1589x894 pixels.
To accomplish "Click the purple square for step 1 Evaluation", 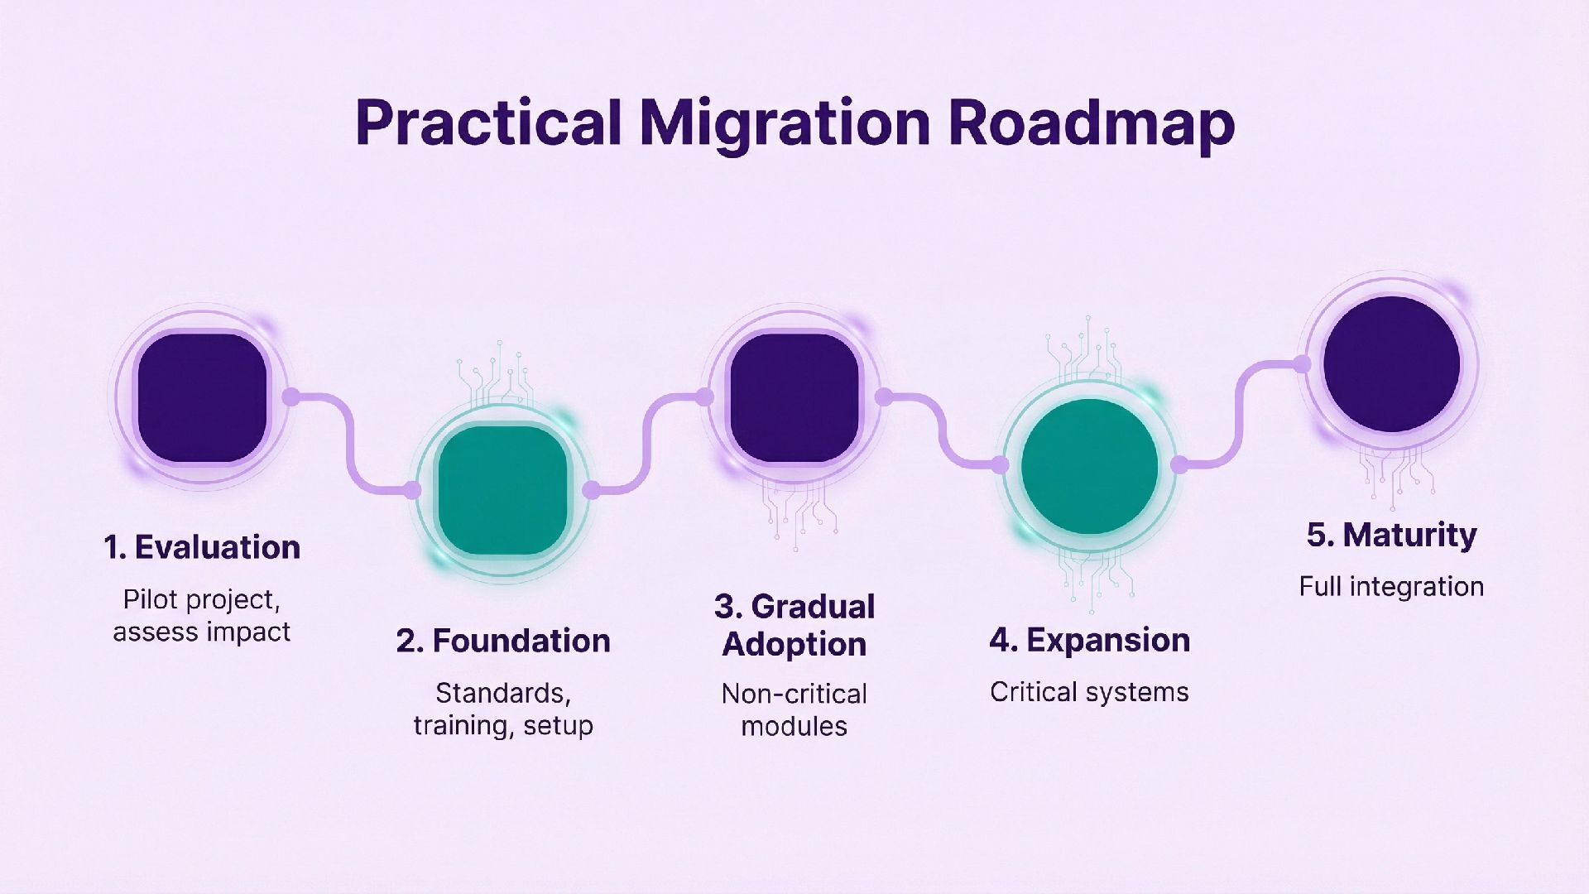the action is click(x=202, y=397).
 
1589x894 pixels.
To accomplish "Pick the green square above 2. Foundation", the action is click(x=502, y=490).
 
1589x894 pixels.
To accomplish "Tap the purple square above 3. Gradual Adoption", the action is click(x=794, y=397).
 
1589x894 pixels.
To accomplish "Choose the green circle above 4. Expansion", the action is click(x=1089, y=466).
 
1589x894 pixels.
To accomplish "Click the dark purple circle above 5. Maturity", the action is click(x=1391, y=364).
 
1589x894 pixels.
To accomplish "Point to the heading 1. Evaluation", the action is click(x=202, y=548).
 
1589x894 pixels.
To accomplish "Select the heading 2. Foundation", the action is click(x=503, y=641).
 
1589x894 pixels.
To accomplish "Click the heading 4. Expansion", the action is click(x=1089, y=640).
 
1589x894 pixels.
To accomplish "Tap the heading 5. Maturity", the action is click(x=1391, y=535).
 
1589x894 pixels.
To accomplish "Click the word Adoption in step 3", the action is click(x=794, y=644).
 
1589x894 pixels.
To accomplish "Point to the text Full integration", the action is click(x=1391, y=586).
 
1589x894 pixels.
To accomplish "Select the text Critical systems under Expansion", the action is click(x=1089, y=692).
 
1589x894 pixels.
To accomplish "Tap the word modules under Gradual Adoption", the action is click(x=794, y=726).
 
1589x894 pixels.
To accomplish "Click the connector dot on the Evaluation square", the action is click(x=290, y=397).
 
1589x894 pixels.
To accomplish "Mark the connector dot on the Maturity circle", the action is click(x=1302, y=364).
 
